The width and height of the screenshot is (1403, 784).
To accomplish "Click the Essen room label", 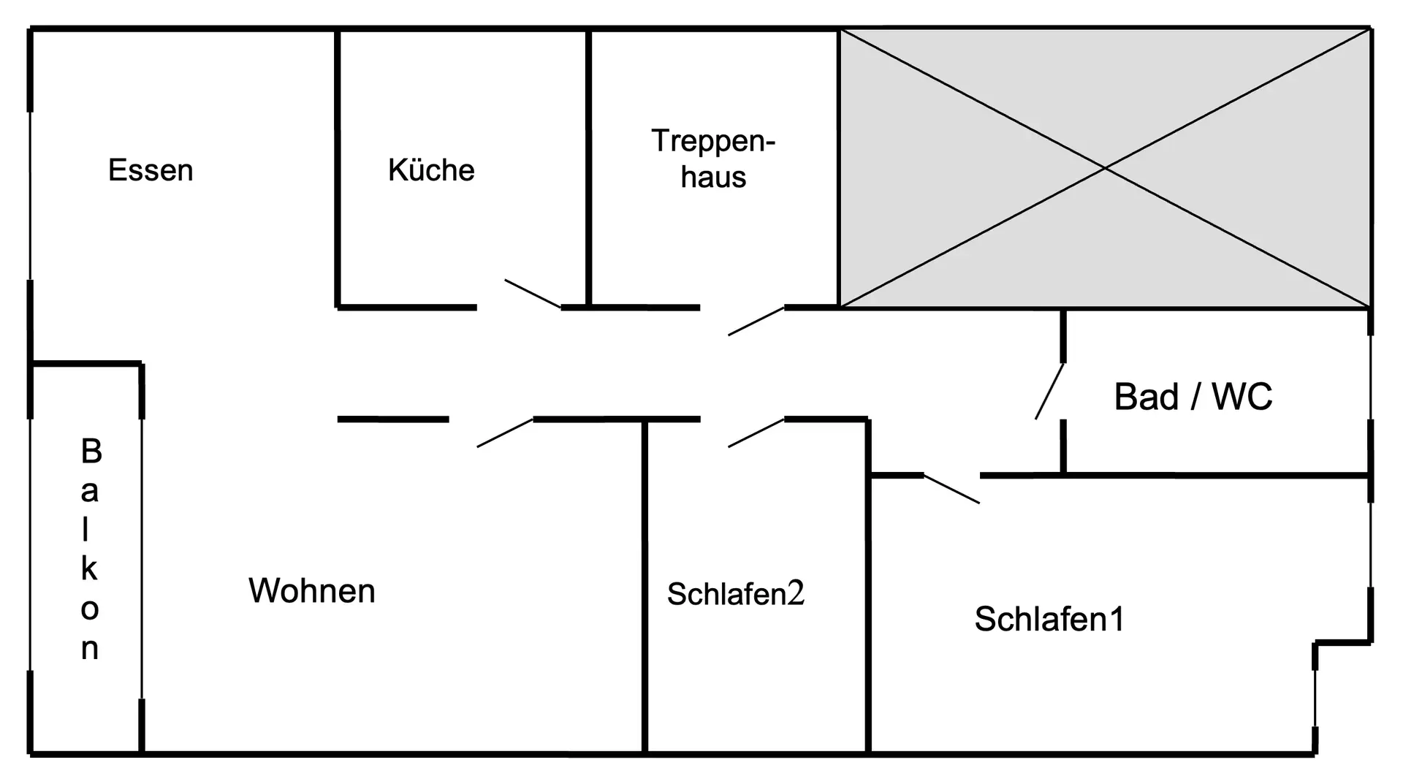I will (x=151, y=170).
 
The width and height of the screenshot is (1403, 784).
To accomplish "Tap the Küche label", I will (x=431, y=170).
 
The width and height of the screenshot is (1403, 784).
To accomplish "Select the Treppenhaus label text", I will (x=713, y=159).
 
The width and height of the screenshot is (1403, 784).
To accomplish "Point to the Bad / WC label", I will (x=1193, y=397).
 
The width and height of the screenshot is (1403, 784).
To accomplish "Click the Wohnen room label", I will (x=312, y=590).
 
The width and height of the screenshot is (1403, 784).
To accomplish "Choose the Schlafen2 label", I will (x=735, y=593).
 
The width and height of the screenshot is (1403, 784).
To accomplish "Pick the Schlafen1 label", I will (x=1049, y=619).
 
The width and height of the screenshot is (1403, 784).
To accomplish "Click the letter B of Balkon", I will (x=91, y=452).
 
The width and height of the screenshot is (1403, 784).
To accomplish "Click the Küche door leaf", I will (x=533, y=294).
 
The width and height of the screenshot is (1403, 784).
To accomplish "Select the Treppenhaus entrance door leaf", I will (x=756, y=321).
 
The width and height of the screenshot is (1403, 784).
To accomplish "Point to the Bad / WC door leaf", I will (x=1049, y=391).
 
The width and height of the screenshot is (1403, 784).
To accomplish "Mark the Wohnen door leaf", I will (x=505, y=433).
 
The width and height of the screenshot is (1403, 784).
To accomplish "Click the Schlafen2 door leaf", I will (x=756, y=433).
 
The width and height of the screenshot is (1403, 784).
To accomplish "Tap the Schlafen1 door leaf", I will (x=951, y=489).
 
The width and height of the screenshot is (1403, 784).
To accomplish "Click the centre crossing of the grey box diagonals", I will (x=1105, y=168).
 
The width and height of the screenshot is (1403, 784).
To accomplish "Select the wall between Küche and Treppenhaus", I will (x=588, y=168).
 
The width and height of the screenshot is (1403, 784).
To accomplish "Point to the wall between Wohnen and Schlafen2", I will (x=645, y=585).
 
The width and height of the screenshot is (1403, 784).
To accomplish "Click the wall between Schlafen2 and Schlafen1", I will (x=868, y=614).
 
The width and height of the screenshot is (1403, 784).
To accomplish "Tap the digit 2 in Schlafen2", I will (x=796, y=593).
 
